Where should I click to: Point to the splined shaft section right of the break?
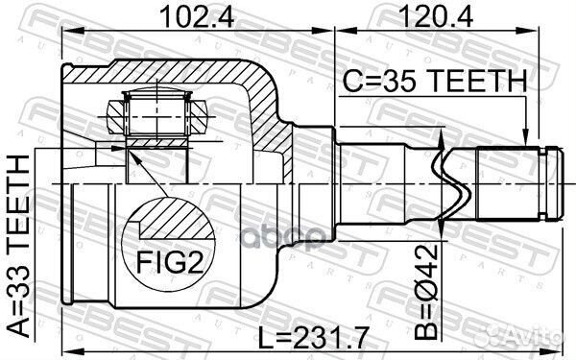click(503, 181)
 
